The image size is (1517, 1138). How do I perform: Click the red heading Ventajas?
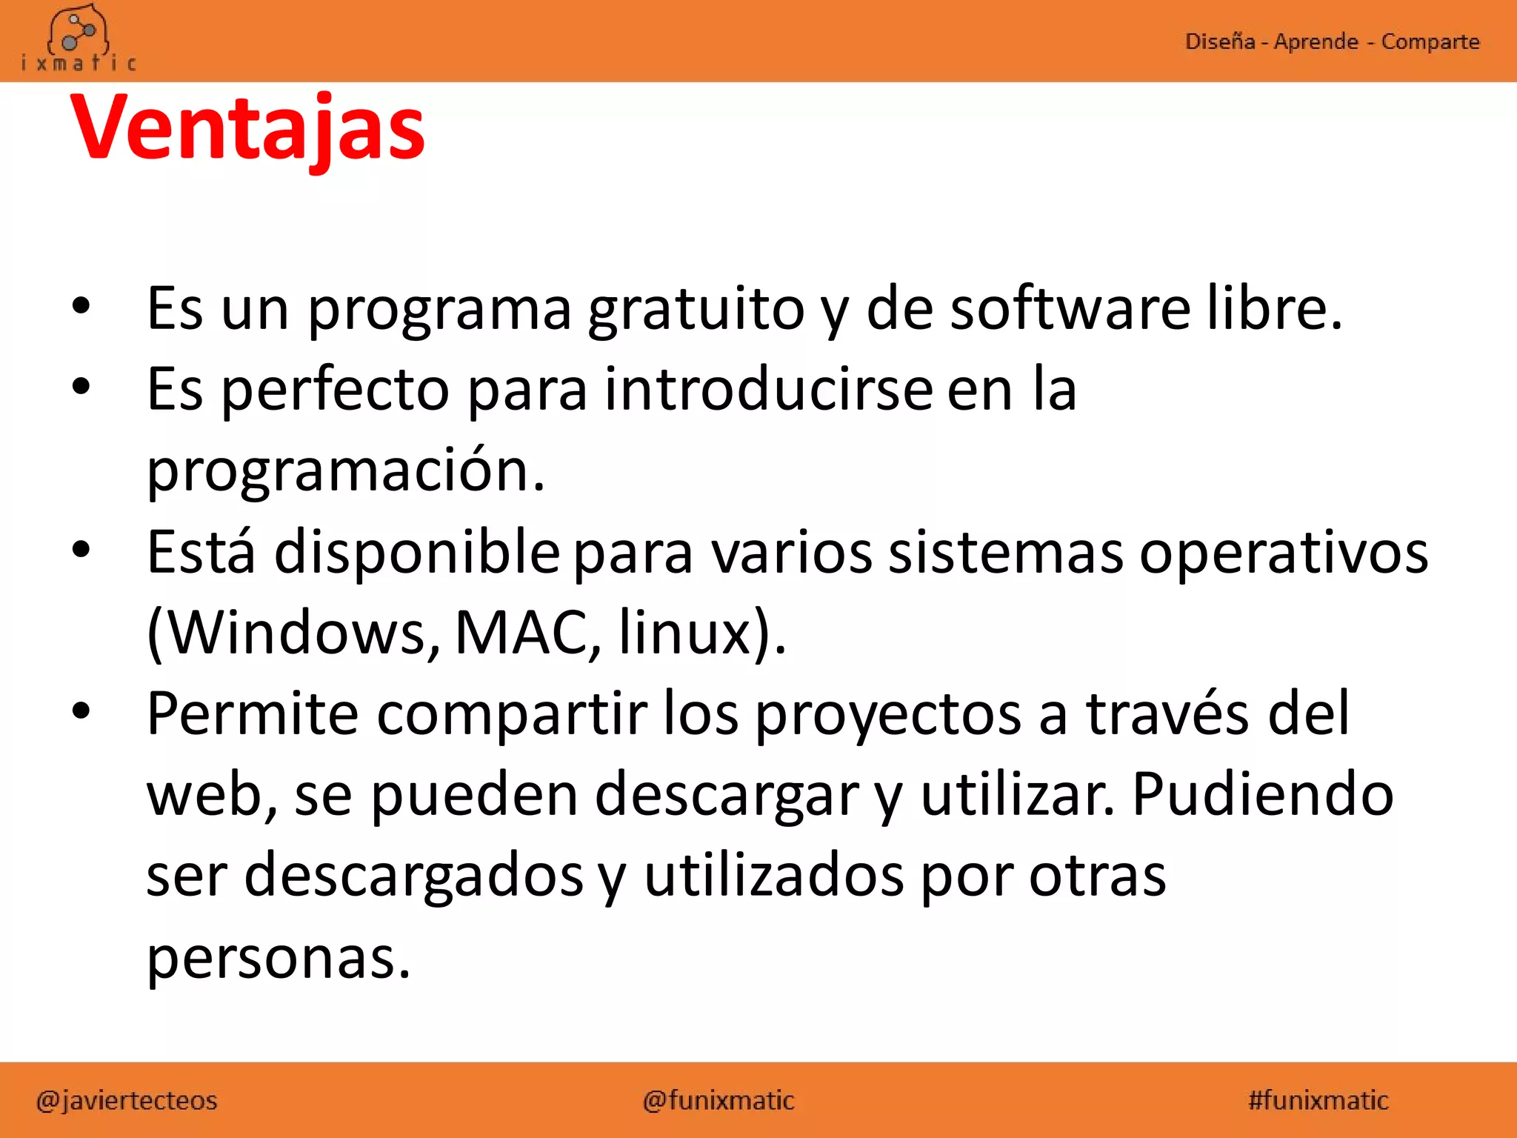247,127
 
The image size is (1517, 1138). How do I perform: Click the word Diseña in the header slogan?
1219,41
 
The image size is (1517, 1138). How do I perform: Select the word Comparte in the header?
1430,41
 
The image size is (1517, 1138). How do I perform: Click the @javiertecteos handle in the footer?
127,1100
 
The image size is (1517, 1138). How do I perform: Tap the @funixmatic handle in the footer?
719,1100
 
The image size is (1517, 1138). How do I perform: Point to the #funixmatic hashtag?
1318,1100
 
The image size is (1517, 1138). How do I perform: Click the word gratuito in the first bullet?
696,309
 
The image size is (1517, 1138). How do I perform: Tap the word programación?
346,470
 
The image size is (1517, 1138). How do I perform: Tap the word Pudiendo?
1263,794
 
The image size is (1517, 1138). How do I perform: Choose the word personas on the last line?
278,957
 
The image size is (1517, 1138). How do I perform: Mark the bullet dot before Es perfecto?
81,386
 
